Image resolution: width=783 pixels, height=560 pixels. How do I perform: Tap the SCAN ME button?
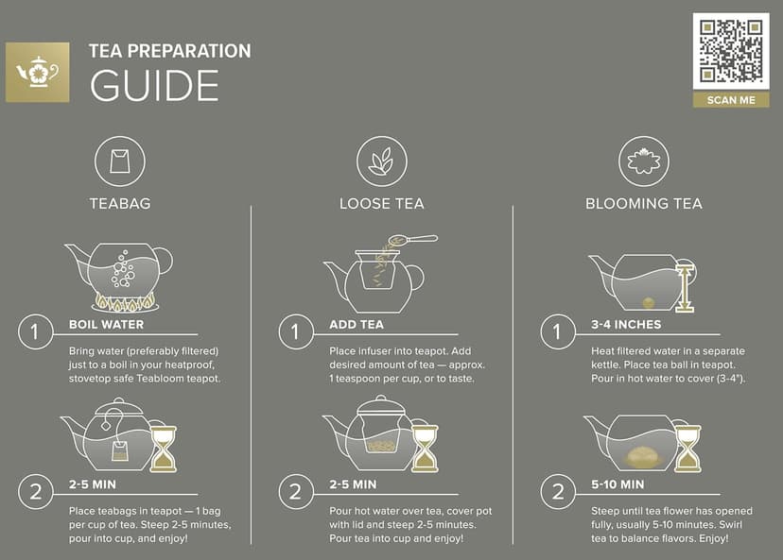click(730, 100)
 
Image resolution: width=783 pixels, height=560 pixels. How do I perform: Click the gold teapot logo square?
click(38, 72)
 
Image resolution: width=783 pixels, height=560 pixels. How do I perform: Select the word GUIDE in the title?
click(154, 85)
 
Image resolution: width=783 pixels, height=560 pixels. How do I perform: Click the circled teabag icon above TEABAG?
click(120, 161)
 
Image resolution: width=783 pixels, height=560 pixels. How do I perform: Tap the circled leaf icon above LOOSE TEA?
click(381, 161)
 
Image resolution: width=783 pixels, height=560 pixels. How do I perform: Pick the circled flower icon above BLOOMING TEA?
click(643, 161)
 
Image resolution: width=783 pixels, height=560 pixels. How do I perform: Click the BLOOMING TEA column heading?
click(643, 203)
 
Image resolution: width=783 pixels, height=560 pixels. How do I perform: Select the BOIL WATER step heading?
click(106, 324)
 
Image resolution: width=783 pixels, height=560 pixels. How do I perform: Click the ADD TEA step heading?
click(356, 324)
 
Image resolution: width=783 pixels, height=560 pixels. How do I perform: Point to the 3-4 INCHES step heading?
click(626, 324)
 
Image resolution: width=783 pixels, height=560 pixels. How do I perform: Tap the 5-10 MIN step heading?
click(618, 484)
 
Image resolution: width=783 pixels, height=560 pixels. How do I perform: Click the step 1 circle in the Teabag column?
click(35, 332)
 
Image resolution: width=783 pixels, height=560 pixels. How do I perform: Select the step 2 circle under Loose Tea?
click(295, 492)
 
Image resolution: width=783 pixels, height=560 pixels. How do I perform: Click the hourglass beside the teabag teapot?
click(164, 449)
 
